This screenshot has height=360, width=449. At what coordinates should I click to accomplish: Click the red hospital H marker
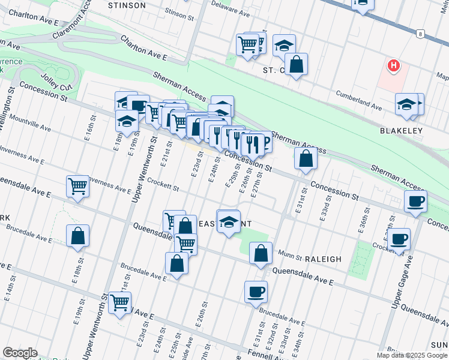pyautogui.click(x=393, y=65)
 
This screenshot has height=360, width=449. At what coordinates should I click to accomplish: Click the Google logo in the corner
pyautogui.click(x=20, y=353)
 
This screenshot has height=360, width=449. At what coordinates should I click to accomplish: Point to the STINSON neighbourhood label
pyautogui.click(x=127, y=5)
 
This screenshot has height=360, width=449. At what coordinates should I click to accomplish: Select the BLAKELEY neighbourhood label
pyautogui.click(x=401, y=130)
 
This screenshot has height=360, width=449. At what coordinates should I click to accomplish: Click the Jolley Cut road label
pyautogui.click(x=56, y=83)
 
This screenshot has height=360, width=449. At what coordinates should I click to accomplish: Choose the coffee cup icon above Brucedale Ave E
pyautogui.click(x=256, y=292)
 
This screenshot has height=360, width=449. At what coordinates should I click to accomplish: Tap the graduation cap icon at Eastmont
pyautogui.click(x=229, y=221)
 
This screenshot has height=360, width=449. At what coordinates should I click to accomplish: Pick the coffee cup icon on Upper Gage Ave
pyautogui.click(x=399, y=239)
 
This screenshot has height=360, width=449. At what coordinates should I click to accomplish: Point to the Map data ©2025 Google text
pyautogui.click(x=411, y=355)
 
